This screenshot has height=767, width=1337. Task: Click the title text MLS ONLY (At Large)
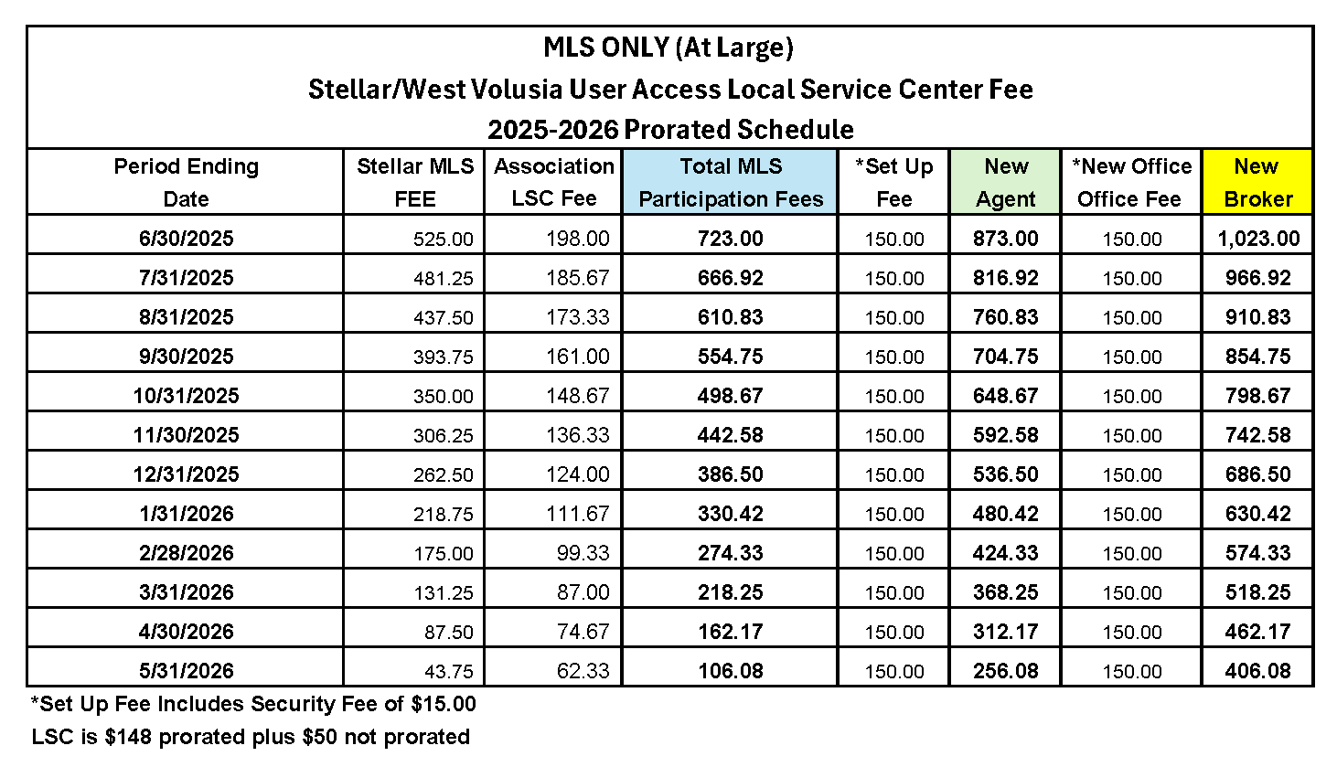(668, 48)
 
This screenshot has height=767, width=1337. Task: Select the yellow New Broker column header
(1257, 182)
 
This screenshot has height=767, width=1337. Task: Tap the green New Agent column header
(1006, 182)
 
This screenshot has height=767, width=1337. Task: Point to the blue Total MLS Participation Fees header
(731, 182)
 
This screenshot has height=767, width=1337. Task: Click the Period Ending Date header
(186, 182)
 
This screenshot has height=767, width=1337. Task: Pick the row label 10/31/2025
(186, 396)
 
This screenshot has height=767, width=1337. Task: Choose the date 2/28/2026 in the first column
(186, 553)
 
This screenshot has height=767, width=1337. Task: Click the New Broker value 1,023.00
(1258, 239)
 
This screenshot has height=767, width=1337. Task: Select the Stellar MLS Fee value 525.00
(444, 240)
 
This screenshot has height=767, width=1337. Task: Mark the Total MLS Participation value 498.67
(730, 396)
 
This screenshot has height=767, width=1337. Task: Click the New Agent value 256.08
(1006, 671)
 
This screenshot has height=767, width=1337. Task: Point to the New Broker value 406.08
(1258, 671)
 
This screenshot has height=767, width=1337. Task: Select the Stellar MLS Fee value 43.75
(444, 672)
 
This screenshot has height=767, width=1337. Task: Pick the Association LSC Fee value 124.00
(578, 474)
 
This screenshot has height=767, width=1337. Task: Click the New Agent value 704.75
(1006, 357)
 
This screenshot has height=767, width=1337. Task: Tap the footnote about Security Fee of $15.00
(253, 704)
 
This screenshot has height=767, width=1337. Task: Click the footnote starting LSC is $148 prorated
(251, 737)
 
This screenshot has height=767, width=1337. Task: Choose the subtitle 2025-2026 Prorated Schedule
(670, 130)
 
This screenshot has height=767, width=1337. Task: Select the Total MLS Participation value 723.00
(730, 239)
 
